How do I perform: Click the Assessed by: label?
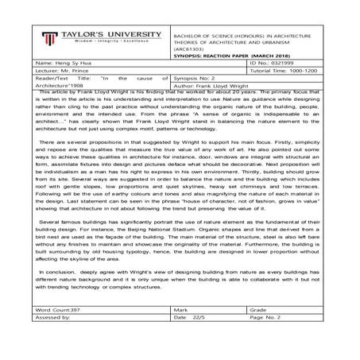53,315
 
